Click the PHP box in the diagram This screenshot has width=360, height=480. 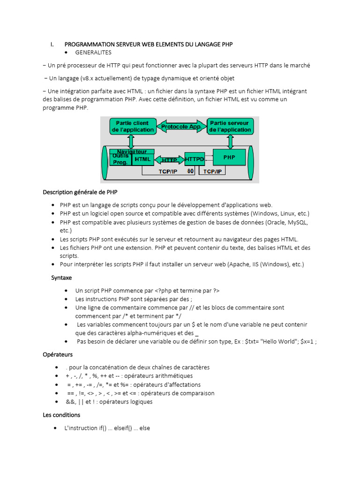point(229,157)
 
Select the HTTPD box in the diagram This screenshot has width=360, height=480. point(194,159)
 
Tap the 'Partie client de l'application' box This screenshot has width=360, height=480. point(133,127)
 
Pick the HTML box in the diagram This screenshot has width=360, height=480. point(142,159)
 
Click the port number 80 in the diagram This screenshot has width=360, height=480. point(191,172)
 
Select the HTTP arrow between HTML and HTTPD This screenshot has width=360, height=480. point(169,160)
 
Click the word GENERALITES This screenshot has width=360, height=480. point(93,52)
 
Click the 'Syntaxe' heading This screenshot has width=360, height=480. point(61,278)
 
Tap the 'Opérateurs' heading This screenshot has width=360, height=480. point(58,354)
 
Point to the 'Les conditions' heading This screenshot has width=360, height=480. point(61,415)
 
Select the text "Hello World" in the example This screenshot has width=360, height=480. point(277,341)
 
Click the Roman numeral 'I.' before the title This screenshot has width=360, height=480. point(52,44)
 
